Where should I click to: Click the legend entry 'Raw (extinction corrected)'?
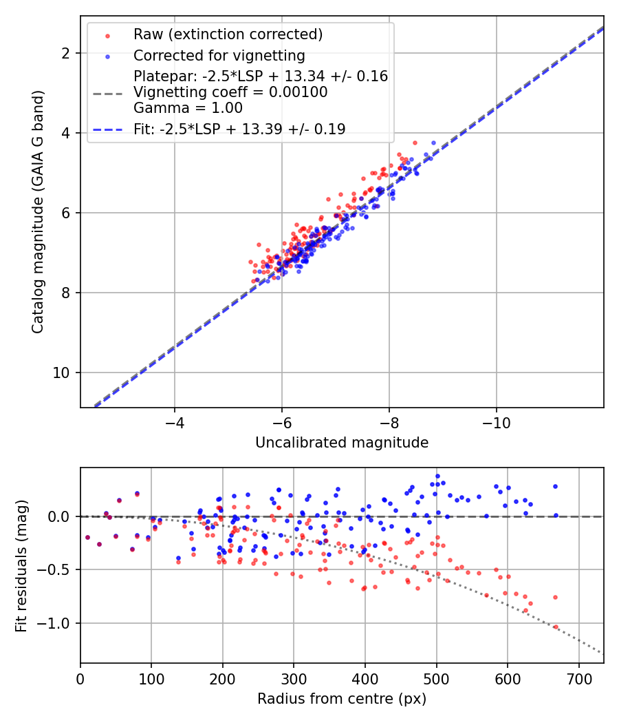228,34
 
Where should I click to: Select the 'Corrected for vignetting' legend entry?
219,55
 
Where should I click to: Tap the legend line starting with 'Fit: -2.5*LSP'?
239,129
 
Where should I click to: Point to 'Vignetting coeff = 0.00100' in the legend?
230,92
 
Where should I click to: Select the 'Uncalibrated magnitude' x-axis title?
342,443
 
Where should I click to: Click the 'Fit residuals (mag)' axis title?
21,565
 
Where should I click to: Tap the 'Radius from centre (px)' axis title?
342,699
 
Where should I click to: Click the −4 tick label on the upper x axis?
174,421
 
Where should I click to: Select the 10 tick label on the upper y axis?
64,373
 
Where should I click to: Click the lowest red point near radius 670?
556,627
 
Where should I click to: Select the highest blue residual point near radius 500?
437,476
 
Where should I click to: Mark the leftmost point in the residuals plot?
87,537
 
